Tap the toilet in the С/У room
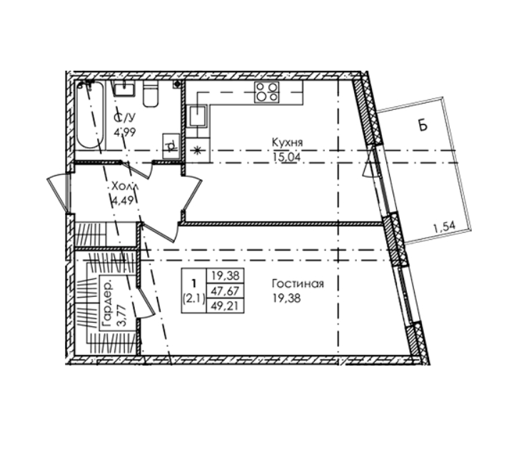151,94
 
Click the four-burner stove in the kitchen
267,92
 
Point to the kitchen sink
198,116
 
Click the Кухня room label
287,143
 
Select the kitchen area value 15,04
287,157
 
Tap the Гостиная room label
298,283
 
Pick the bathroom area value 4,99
124,132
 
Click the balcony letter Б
423,126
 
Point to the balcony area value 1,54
444,227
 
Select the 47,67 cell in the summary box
225,291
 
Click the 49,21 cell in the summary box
225,306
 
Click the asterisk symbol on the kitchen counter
197,151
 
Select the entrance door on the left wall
59,193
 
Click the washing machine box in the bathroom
171,145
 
